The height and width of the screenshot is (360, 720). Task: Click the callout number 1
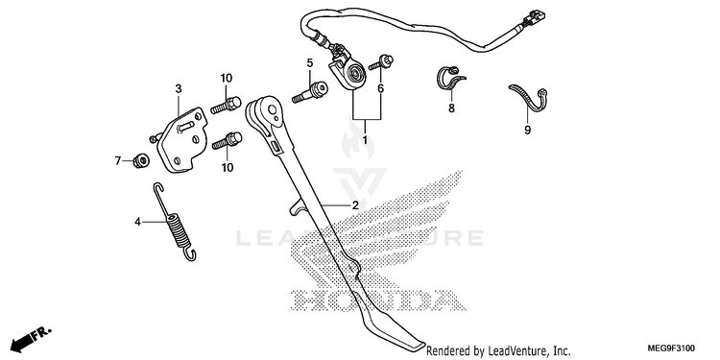(365, 139)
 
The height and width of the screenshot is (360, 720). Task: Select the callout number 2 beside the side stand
(355, 205)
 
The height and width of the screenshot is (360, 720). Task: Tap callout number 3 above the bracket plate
(179, 88)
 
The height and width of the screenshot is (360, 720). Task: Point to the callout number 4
(137, 223)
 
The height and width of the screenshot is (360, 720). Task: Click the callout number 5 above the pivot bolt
(310, 62)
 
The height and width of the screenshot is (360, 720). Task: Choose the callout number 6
(381, 88)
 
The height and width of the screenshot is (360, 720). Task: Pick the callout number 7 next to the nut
(117, 160)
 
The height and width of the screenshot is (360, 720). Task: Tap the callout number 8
(451, 108)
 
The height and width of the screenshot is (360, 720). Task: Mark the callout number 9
(527, 131)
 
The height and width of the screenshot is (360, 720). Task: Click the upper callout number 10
(227, 78)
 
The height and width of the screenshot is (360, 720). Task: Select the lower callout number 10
(228, 168)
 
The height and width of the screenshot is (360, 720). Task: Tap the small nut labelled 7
(140, 160)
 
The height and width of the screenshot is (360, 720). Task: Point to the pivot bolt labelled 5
(310, 92)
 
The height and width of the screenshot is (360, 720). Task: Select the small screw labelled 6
(381, 62)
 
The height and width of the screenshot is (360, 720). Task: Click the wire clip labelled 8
(449, 79)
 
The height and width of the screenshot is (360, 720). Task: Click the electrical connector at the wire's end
(535, 17)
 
